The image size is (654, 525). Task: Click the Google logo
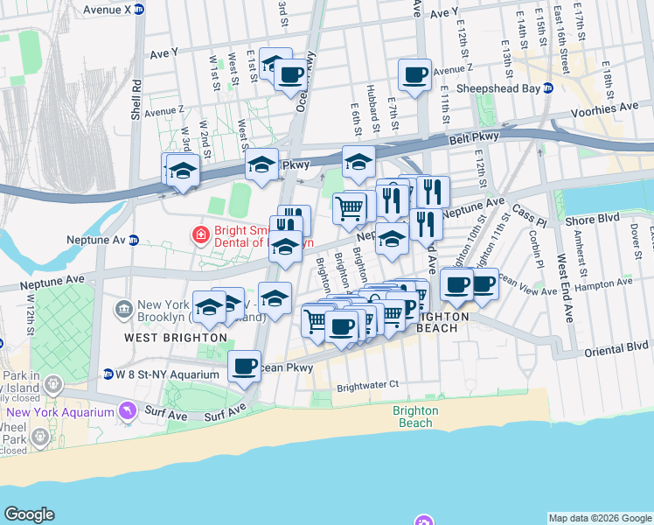click(29, 514)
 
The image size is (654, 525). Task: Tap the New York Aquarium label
click(61, 412)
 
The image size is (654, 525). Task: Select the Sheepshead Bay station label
click(496, 88)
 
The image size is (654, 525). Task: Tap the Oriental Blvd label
click(617, 347)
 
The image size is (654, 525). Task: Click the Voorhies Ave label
click(604, 107)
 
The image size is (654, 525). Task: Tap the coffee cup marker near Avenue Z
click(414, 73)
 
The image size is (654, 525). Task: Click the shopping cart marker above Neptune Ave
click(349, 207)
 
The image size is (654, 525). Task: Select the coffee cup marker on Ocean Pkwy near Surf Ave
click(245, 365)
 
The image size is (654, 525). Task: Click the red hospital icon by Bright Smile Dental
click(200, 234)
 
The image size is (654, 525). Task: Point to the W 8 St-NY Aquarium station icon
click(108, 374)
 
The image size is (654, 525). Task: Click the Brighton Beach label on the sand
click(413, 416)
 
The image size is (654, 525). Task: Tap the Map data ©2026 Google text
click(600, 518)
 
